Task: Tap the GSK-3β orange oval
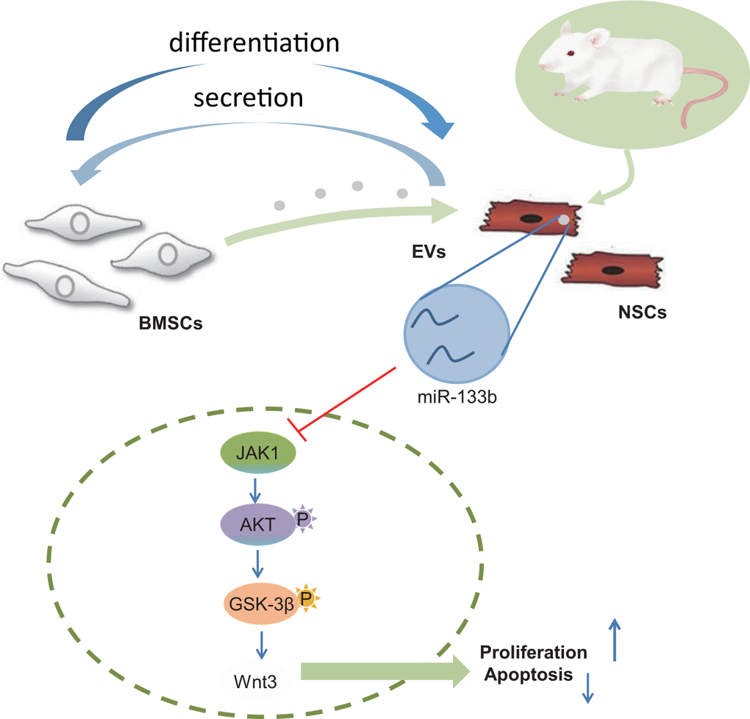[259, 604]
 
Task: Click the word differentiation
[254, 43]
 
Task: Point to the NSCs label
[642, 312]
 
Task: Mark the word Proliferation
[533, 652]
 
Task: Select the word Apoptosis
[526, 673]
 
